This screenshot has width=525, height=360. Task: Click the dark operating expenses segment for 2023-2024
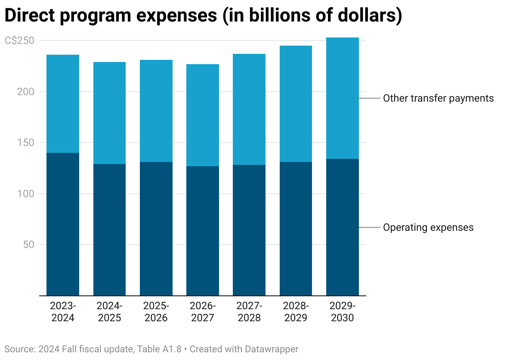click(x=63, y=224)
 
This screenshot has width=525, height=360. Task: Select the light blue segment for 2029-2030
click(x=342, y=98)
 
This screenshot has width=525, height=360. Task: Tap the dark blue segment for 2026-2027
click(x=203, y=231)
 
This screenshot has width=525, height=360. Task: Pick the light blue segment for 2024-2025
click(x=109, y=113)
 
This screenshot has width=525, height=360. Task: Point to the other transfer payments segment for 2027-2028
click(x=249, y=109)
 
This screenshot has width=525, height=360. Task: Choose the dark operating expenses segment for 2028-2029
click(x=296, y=229)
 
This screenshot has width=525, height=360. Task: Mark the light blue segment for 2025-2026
click(x=156, y=111)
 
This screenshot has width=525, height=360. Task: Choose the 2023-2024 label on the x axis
click(x=63, y=312)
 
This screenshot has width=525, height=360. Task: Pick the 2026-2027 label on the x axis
click(x=203, y=312)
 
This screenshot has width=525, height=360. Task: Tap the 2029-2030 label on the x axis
click(x=342, y=312)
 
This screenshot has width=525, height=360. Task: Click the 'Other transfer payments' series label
click(x=438, y=98)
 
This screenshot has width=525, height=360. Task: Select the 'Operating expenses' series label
click(x=428, y=227)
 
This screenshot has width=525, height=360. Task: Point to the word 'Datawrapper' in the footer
click(x=271, y=349)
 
